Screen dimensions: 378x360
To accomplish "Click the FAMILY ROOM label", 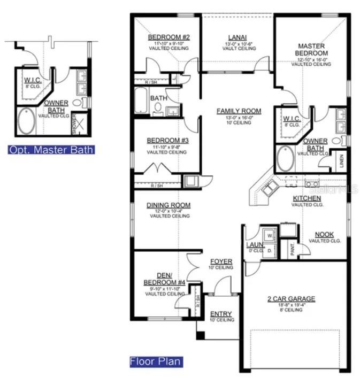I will [239, 111].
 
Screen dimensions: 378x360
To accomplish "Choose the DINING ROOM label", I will [168, 205].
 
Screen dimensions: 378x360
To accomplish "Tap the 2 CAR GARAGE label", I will [292, 299].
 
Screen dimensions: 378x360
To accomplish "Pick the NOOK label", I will [324, 234].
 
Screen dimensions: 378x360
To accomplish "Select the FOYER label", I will [221, 261].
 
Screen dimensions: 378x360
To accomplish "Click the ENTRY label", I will [221, 314].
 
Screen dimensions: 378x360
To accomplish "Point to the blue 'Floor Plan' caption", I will [155, 362].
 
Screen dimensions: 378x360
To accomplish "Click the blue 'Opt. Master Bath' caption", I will [51, 150].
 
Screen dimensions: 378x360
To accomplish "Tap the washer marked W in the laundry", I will [270, 235].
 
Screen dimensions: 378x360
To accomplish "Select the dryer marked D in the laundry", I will [270, 250].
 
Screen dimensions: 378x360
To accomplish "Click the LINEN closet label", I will [342, 161].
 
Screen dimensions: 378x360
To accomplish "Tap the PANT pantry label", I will [293, 250].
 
